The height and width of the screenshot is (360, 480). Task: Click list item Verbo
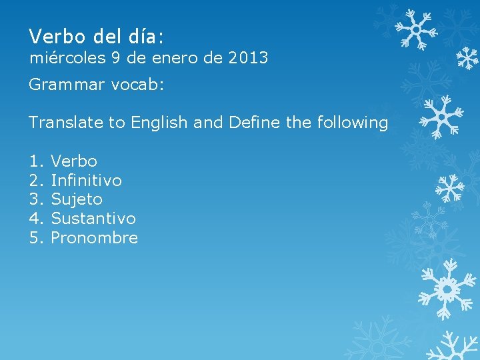[x=74, y=161]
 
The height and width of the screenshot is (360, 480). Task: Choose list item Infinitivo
[x=86, y=180]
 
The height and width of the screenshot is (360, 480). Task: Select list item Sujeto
[x=77, y=199]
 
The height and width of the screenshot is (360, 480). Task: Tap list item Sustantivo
[x=93, y=219]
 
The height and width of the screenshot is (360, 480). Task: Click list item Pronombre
[x=94, y=238]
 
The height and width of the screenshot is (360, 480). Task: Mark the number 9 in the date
[x=115, y=58]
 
